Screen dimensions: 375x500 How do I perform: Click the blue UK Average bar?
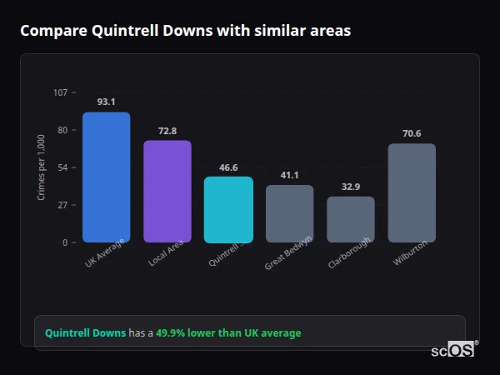click(106, 177)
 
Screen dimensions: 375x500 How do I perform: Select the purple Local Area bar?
click(167, 192)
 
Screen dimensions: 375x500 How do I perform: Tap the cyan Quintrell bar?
click(228, 209)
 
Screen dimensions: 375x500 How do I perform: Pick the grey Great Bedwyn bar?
click(289, 213)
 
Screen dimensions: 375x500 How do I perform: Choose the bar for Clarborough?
click(351, 219)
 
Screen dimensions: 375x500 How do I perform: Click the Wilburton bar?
click(412, 192)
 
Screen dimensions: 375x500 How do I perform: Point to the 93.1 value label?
click(106, 102)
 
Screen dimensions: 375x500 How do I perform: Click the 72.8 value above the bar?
click(167, 131)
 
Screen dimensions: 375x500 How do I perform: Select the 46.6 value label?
click(228, 167)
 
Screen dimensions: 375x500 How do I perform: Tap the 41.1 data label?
click(289, 175)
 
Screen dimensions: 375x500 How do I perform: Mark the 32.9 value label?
click(351, 187)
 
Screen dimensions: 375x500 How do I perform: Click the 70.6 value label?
click(412, 133)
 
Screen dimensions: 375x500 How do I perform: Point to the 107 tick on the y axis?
click(60, 92)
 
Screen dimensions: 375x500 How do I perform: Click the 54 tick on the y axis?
click(62, 167)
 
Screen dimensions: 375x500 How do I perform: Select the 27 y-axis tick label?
click(62, 205)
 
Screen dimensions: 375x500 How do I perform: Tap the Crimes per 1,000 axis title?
click(41, 167)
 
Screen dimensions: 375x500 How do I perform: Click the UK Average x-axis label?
click(104, 254)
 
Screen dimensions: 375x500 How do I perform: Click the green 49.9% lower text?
click(228, 332)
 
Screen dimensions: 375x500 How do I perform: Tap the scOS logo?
click(452, 351)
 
